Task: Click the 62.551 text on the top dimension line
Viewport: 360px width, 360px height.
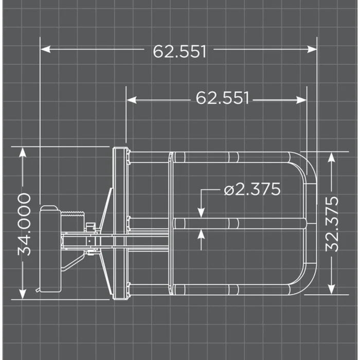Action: click(x=179, y=51)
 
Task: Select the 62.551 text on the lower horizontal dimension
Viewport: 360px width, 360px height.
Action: click(x=222, y=98)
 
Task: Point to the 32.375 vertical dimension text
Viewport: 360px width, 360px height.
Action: click(x=333, y=224)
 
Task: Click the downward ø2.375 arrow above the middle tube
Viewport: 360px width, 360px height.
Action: click(x=201, y=212)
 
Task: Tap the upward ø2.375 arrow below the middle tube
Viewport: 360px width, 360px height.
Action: click(x=201, y=234)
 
